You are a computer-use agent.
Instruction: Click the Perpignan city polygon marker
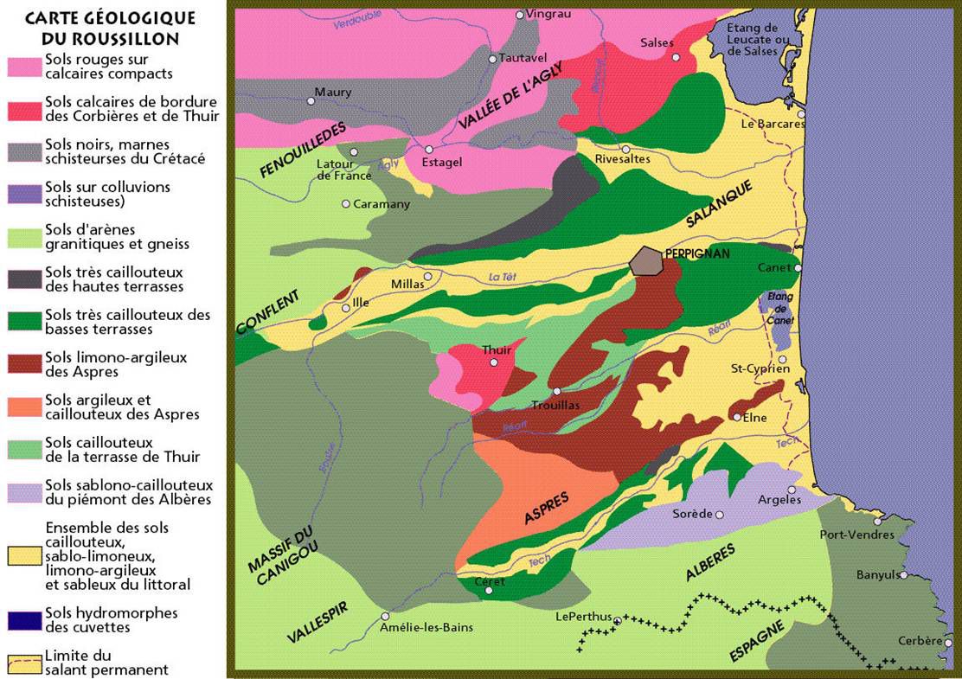click(x=647, y=260)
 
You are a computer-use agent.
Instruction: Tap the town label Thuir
click(x=497, y=349)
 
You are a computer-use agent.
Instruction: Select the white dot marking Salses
click(x=676, y=57)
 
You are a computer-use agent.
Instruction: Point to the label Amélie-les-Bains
click(x=426, y=627)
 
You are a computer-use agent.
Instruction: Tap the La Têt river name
click(x=503, y=277)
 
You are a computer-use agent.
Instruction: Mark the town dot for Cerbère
click(x=948, y=642)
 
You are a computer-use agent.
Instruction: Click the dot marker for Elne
click(x=737, y=417)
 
